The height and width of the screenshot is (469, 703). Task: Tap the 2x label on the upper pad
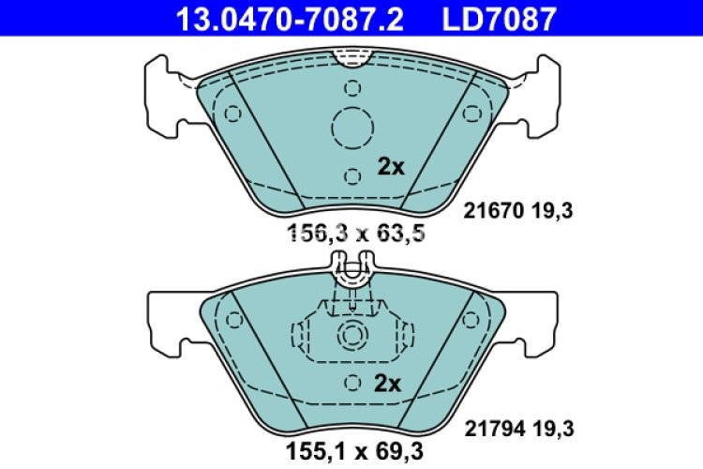(x=390, y=168)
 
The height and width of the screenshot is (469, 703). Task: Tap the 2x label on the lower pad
(x=387, y=384)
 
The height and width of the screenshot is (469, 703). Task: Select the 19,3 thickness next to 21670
(x=551, y=212)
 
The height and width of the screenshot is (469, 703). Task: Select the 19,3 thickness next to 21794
(x=551, y=429)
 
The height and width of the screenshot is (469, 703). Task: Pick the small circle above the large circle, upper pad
(x=352, y=89)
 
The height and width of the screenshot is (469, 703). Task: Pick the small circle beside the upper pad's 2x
(x=352, y=175)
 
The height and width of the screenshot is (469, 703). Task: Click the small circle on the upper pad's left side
(x=233, y=113)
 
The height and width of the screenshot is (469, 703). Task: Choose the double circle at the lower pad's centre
(x=352, y=334)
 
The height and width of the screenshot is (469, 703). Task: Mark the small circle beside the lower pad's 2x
(x=352, y=383)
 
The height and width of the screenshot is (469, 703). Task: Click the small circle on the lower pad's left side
(x=234, y=319)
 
